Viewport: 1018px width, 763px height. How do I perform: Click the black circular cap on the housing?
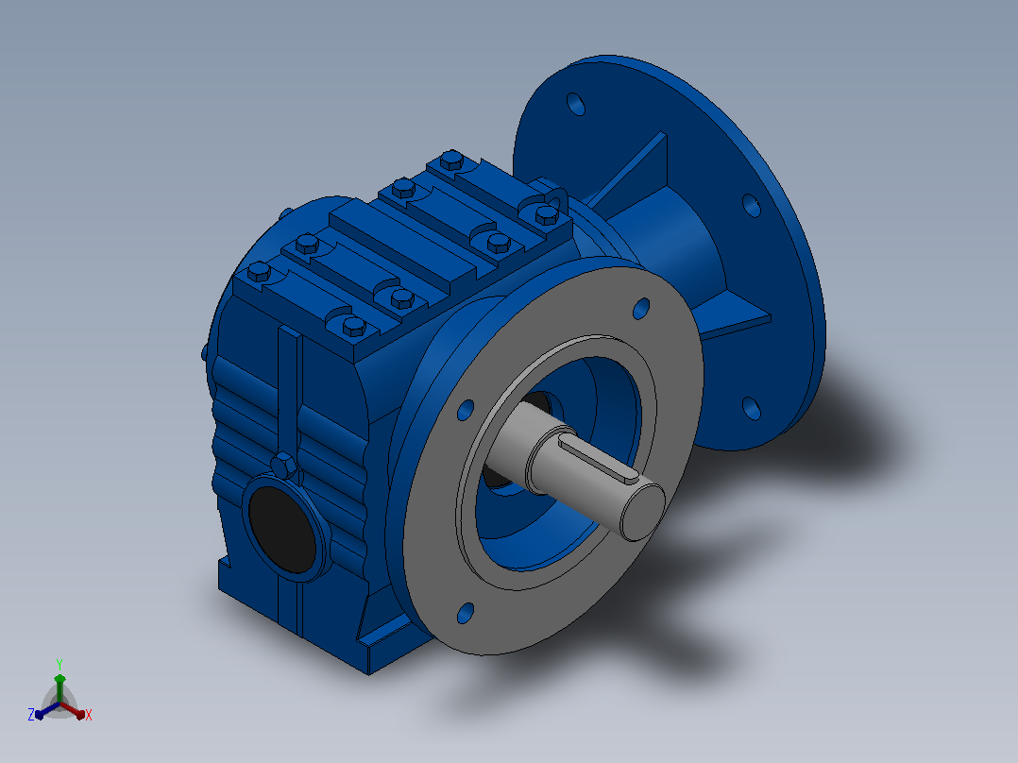(x=282, y=529)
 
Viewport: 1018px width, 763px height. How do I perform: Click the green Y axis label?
(x=59, y=664)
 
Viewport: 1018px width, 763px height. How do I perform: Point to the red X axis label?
(x=89, y=715)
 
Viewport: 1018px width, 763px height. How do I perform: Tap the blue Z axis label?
(x=31, y=714)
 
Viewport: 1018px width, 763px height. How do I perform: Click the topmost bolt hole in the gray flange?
(x=641, y=309)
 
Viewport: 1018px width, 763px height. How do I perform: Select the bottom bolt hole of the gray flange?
(x=466, y=613)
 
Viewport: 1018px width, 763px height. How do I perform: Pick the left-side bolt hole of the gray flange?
(x=466, y=411)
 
